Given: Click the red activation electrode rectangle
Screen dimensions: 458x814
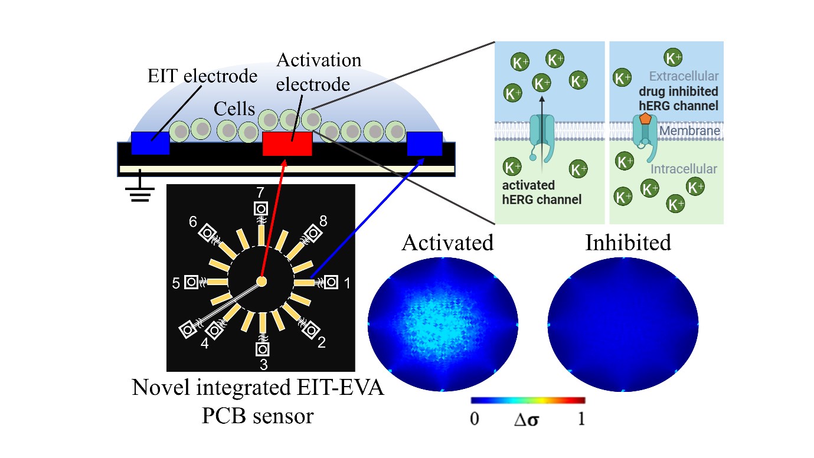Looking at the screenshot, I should (x=287, y=143).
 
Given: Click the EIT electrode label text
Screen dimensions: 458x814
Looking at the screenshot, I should (x=202, y=76).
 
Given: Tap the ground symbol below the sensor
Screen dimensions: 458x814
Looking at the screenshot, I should (x=140, y=192).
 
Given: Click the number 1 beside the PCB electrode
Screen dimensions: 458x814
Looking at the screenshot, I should (x=348, y=284).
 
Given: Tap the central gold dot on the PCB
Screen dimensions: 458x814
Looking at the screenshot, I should (x=261, y=282).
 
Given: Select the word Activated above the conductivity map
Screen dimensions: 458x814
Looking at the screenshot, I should (x=447, y=242).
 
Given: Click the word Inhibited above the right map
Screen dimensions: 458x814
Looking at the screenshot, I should (x=628, y=242).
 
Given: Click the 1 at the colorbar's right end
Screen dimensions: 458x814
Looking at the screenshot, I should (x=581, y=420).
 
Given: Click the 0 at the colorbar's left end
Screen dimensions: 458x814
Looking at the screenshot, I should (x=474, y=420).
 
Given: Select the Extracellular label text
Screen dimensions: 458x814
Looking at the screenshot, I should (x=684, y=76).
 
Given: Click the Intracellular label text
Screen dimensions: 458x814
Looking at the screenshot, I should (x=684, y=169).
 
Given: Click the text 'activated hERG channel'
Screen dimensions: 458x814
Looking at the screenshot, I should (x=541, y=192).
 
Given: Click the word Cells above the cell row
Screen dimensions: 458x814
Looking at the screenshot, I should (x=235, y=109).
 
